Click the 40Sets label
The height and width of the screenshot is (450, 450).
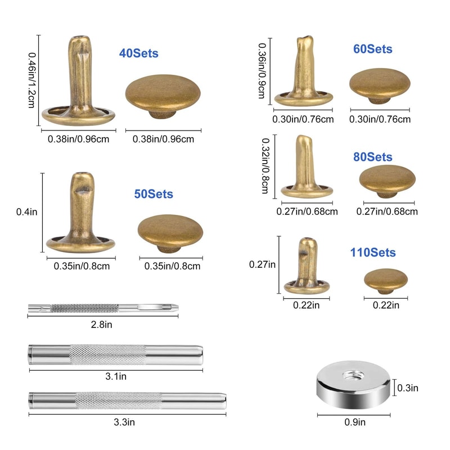pyautogui.click(x=138, y=54)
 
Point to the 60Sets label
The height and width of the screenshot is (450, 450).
pyautogui.click(x=372, y=49)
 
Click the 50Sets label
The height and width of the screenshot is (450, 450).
pyautogui.click(x=153, y=193)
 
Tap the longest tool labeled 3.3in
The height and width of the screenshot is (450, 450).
pyautogui.click(x=127, y=399)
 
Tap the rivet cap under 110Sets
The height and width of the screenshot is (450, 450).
pyautogui.click(x=386, y=280)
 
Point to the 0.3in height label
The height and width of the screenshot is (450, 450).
pyautogui.click(x=407, y=388)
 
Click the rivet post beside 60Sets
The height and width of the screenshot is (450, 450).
pyautogui.click(x=304, y=73)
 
